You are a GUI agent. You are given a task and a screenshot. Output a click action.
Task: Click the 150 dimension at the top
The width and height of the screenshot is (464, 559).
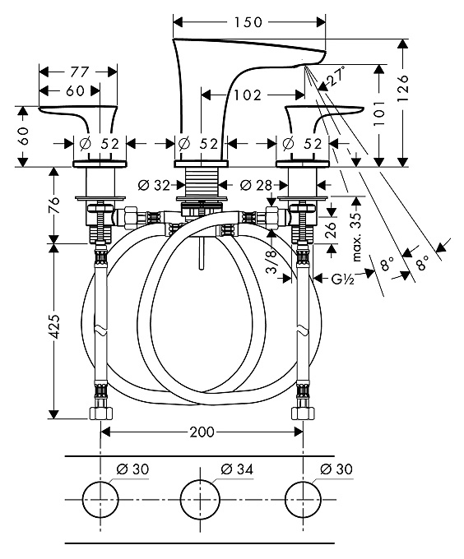click(x=248, y=22)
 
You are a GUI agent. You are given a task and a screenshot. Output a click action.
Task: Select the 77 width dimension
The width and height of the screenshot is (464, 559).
click(x=79, y=72)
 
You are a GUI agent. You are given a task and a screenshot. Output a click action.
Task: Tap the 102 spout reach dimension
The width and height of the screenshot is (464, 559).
click(x=248, y=95)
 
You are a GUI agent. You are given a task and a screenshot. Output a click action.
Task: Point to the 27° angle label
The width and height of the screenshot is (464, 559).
click(x=336, y=76)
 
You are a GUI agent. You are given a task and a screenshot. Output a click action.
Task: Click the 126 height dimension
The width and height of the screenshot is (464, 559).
click(x=402, y=88)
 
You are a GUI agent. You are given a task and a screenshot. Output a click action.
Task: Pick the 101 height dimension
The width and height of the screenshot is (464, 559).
click(x=379, y=113)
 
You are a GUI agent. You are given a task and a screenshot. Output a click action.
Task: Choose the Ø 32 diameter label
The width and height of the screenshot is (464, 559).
click(x=154, y=186)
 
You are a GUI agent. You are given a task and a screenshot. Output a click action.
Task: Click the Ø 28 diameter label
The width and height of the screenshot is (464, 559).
click(x=256, y=185)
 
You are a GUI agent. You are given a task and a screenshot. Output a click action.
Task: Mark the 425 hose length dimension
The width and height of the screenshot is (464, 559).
click(x=53, y=326)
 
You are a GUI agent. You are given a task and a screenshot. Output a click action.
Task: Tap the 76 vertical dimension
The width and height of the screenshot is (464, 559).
click(x=53, y=205)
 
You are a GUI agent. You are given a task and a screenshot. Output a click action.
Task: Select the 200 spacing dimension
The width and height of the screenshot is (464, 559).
click(x=202, y=432)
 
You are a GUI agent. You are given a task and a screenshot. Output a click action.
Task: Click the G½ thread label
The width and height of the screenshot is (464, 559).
click(x=342, y=279)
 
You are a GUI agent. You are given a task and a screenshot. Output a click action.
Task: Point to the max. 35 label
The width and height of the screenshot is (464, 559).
click(x=357, y=237)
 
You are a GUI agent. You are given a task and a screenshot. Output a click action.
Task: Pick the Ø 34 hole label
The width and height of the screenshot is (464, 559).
click(x=237, y=469)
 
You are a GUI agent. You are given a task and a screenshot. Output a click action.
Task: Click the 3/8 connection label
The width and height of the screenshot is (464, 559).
click(x=271, y=261)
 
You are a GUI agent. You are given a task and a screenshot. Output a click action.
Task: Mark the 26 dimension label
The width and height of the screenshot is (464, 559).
click(x=332, y=230)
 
